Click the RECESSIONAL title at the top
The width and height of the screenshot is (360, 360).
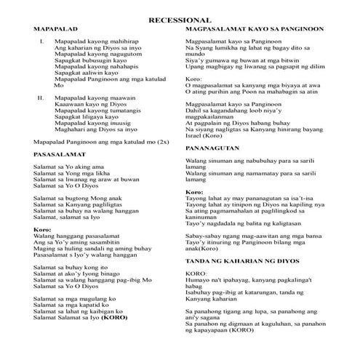pos(180,20)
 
